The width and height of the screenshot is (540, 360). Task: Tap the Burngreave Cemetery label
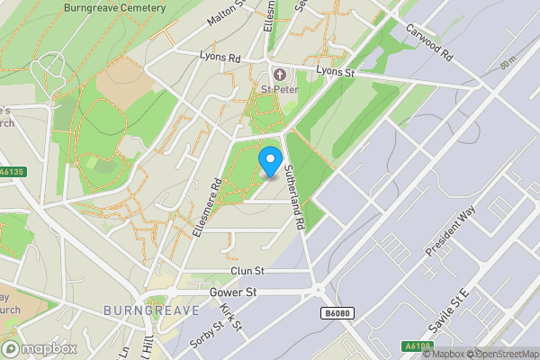115,8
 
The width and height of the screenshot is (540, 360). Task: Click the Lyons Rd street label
220,56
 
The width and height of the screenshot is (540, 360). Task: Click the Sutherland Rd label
294,195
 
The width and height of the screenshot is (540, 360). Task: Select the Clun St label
247,271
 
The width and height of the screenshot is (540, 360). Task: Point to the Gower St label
233,292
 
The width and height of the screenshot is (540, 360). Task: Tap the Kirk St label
231,316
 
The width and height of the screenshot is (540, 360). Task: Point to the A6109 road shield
414,346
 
